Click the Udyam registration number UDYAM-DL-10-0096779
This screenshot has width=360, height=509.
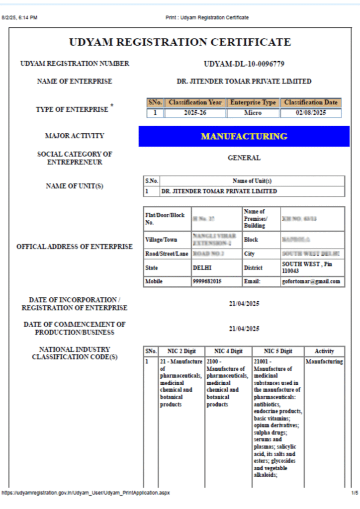244,64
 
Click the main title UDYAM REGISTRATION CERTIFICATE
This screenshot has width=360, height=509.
180,42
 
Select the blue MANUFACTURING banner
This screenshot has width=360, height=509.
244,136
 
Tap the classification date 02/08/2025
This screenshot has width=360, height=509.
311,113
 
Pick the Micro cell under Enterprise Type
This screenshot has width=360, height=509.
253,113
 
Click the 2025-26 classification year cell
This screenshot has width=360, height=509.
195,113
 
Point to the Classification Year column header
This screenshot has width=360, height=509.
195,102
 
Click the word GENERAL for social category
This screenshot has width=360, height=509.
244,158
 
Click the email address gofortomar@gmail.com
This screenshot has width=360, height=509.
312,281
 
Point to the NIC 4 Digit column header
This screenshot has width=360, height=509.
228,351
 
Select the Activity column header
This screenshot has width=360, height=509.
324,351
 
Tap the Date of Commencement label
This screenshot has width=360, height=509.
75,328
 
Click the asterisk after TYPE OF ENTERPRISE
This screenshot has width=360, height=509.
112,105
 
